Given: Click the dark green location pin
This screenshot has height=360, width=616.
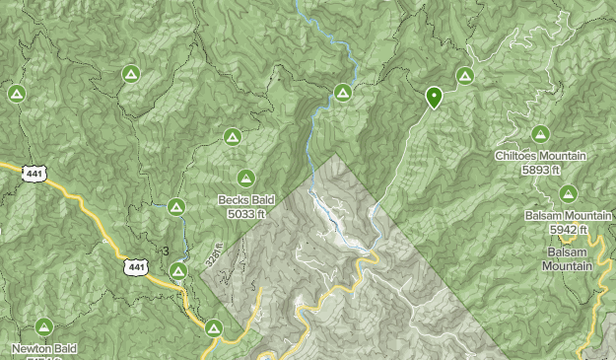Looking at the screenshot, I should coord(433,97).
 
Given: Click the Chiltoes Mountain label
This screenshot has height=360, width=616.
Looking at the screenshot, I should coord(541,156).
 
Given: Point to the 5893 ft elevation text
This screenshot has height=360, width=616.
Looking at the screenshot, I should coord(541,170).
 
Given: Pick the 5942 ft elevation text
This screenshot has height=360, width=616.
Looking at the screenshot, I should coord(569,230).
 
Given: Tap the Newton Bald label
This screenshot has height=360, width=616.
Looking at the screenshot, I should coord(42,348).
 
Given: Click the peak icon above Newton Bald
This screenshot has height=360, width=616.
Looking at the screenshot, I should coord(43,326).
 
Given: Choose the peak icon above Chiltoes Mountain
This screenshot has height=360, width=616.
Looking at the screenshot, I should coord(540,134).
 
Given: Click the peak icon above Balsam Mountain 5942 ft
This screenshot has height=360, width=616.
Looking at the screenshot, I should coord(568,193).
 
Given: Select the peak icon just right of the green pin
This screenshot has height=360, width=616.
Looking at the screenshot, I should coord(465,75).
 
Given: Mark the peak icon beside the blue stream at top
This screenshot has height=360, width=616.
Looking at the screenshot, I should coord(342,93).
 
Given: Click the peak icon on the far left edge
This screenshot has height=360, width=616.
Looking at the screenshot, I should coord(16,94).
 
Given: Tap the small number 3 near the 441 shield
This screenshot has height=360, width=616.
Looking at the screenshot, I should coord(166,251).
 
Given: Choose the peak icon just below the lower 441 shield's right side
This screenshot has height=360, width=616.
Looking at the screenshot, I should coord(178,271).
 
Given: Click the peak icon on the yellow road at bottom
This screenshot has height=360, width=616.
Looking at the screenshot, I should coord(214,327).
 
